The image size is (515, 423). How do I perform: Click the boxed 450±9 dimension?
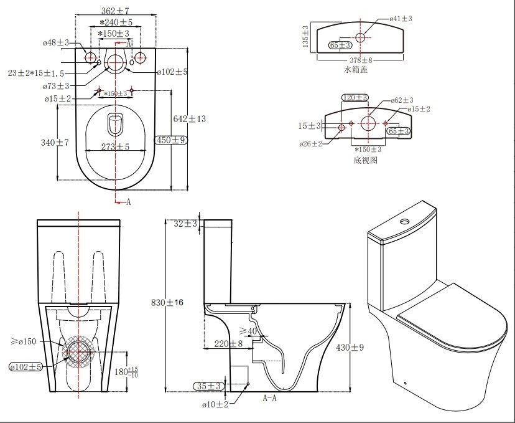172,140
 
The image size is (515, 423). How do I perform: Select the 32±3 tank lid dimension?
187,224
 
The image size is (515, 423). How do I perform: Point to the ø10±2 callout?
216,404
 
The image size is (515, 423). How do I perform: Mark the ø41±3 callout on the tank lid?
401,19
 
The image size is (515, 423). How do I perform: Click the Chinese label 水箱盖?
356,70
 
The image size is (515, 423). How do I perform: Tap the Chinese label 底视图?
365,160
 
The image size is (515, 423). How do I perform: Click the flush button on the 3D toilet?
406,220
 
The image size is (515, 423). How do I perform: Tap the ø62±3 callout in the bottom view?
402,100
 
